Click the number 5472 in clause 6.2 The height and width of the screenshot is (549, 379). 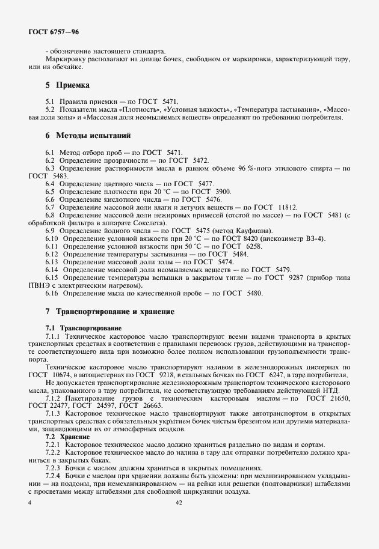point(201,160)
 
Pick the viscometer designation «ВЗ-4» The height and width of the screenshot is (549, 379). point(313,239)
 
